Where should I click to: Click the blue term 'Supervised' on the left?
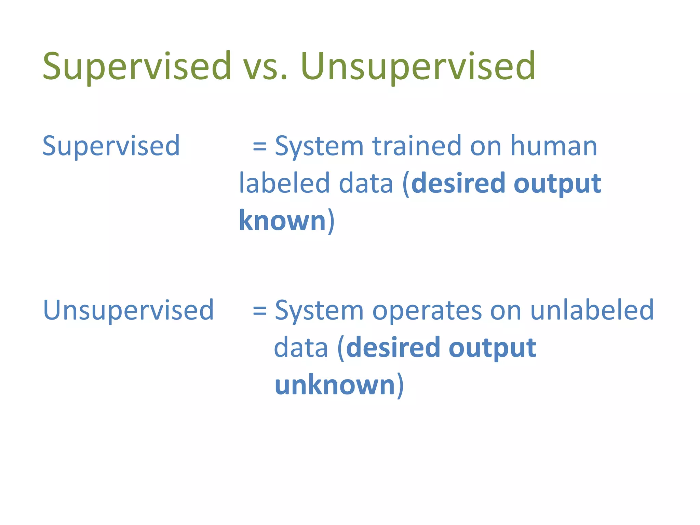pyautogui.click(x=111, y=146)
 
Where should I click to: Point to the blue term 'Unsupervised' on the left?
pyautogui.click(x=129, y=310)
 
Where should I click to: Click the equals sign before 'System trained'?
pyautogui.click(x=259, y=146)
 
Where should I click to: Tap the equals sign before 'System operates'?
pyautogui.click(x=259, y=310)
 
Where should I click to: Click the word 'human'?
pyautogui.click(x=554, y=146)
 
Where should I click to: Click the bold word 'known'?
pyautogui.click(x=282, y=220)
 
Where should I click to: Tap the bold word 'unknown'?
pyautogui.click(x=335, y=385)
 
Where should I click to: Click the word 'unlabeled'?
pyautogui.click(x=592, y=310)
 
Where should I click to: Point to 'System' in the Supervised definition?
pyautogui.click(x=319, y=146)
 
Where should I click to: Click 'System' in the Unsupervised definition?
pyautogui.click(x=319, y=310)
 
